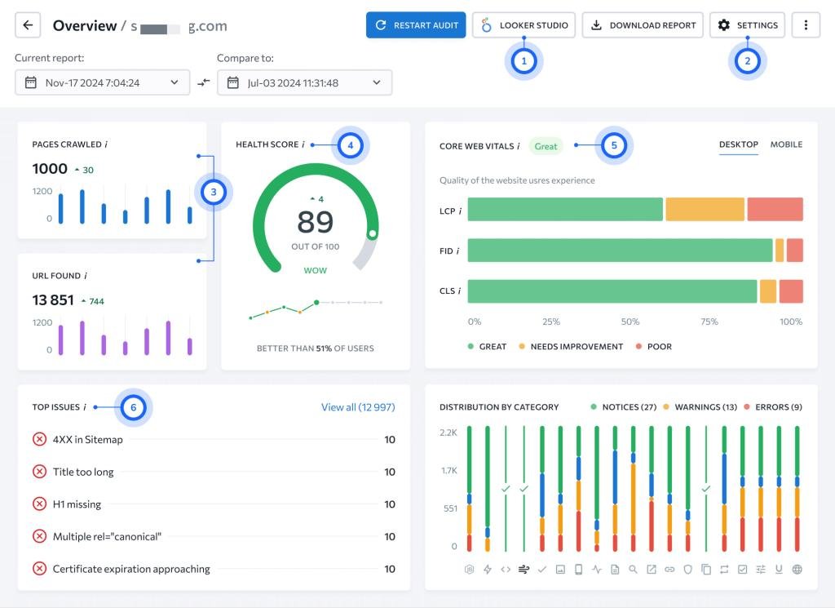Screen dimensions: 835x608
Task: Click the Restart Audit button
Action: coord(415,25)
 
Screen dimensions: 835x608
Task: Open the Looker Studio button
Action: coord(524,25)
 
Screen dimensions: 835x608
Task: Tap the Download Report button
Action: coord(643,25)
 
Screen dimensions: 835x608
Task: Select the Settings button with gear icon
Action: coord(747,25)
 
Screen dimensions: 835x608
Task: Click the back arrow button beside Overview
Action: coord(28,25)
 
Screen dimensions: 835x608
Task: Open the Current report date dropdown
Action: coord(102,82)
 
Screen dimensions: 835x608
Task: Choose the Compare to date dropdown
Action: coord(305,82)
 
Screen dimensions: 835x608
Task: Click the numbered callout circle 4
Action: coord(351,145)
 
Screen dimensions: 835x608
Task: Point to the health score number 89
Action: coord(316,222)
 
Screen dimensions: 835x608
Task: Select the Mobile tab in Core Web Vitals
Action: coord(786,144)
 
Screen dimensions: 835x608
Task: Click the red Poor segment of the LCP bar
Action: coord(775,210)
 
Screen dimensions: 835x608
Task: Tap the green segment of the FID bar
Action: coord(620,251)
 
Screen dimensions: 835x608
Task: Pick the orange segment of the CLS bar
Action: coord(768,291)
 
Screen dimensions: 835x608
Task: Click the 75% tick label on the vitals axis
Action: coord(709,322)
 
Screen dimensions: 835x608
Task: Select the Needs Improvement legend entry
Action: coord(571,346)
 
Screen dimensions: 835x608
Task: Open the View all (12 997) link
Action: coord(358,407)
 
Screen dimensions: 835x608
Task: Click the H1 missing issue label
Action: coord(77,504)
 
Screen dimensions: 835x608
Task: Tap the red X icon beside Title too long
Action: coord(39,472)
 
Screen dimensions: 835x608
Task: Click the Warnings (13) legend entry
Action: coord(700,407)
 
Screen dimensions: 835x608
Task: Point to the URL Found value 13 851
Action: coord(53,300)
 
